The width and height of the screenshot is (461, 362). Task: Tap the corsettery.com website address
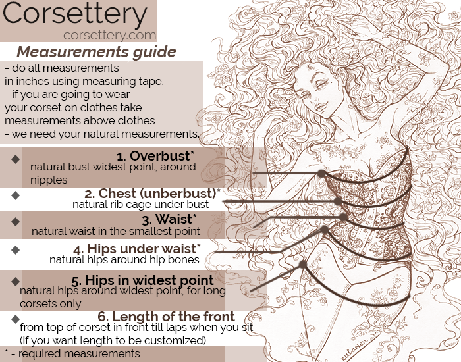pyautogui.click(x=109, y=35)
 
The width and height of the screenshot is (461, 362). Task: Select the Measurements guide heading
pyautogui.click(x=96, y=52)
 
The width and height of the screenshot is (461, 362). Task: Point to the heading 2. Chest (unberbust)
pyautogui.click(x=152, y=194)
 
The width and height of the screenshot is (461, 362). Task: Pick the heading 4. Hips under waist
pyautogui.click(x=135, y=249)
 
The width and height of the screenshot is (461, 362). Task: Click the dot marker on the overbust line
pyautogui.click(x=321, y=174)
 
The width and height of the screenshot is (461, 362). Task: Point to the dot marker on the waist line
pyautogui.click(x=343, y=216)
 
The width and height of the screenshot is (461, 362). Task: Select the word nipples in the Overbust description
pyautogui.click(x=49, y=179)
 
